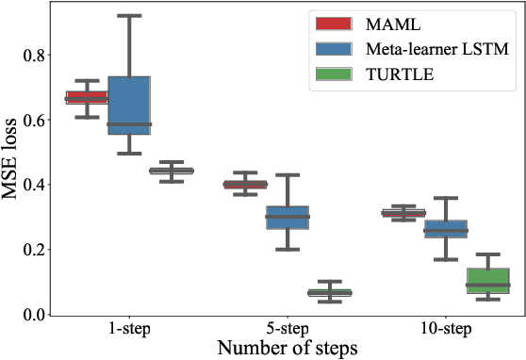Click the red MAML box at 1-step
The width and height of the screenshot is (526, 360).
[x=86, y=97]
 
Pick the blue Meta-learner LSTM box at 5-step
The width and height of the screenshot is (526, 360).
[x=288, y=218]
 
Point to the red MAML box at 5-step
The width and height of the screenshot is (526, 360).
[x=245, y=185]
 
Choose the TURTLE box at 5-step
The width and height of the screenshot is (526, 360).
[x=330, y=293]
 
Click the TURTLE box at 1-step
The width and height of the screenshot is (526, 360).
[x=172, y=171]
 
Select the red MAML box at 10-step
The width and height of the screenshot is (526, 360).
[x=403, y=214]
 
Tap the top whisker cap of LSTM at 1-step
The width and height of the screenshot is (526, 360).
[x=129, y=15]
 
